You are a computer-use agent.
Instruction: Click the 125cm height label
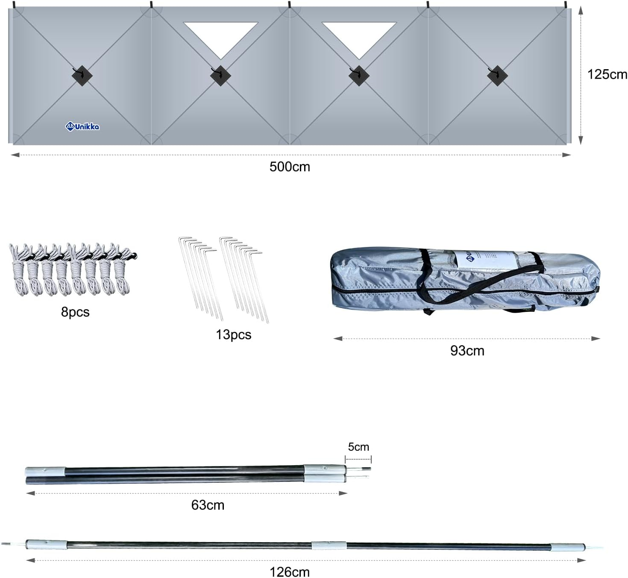(607, 75)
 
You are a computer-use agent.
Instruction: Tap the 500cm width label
(290, 167)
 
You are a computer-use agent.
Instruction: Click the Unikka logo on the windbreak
(82, 126)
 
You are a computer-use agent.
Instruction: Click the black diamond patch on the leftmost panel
(82, 76)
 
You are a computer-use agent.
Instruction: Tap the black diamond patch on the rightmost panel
(497, 76)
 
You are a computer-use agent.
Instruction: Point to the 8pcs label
(75, 312)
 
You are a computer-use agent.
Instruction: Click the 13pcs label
(234, 335)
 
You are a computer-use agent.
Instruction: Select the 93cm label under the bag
(467, 351)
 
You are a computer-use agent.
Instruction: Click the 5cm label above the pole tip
(358, 447)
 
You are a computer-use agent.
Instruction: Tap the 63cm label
(208, 505)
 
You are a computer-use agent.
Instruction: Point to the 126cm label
(290, 572)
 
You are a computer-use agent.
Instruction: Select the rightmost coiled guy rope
(123, 271)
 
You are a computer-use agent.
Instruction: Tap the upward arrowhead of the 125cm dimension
(581, 10)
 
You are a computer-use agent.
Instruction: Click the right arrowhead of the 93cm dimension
(596, 338)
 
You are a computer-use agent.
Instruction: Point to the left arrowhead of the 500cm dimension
(15, 155)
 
